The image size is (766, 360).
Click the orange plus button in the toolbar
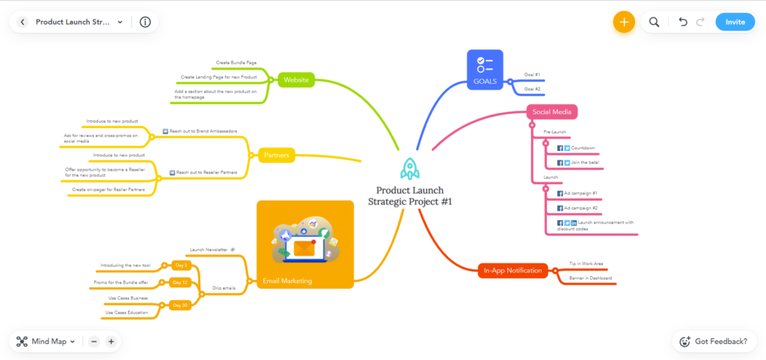click(x=623, y=22)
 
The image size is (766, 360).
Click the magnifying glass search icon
click(x=654, y=22)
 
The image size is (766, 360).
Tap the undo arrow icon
click(x=682, y=22)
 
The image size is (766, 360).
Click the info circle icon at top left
click(x=145, y=22)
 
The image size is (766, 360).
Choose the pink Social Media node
click(x=552, y=112)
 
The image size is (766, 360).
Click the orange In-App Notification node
click(x=512, y=270)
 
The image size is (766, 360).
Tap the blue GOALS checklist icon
click(x=485, y=64)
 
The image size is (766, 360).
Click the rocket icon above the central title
click(x=410, y=168)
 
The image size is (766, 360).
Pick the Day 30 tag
click(x=180, y=305)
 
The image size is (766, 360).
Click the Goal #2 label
click(x=533, y=89)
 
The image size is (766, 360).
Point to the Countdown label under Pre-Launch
click(x=583, y=148)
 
